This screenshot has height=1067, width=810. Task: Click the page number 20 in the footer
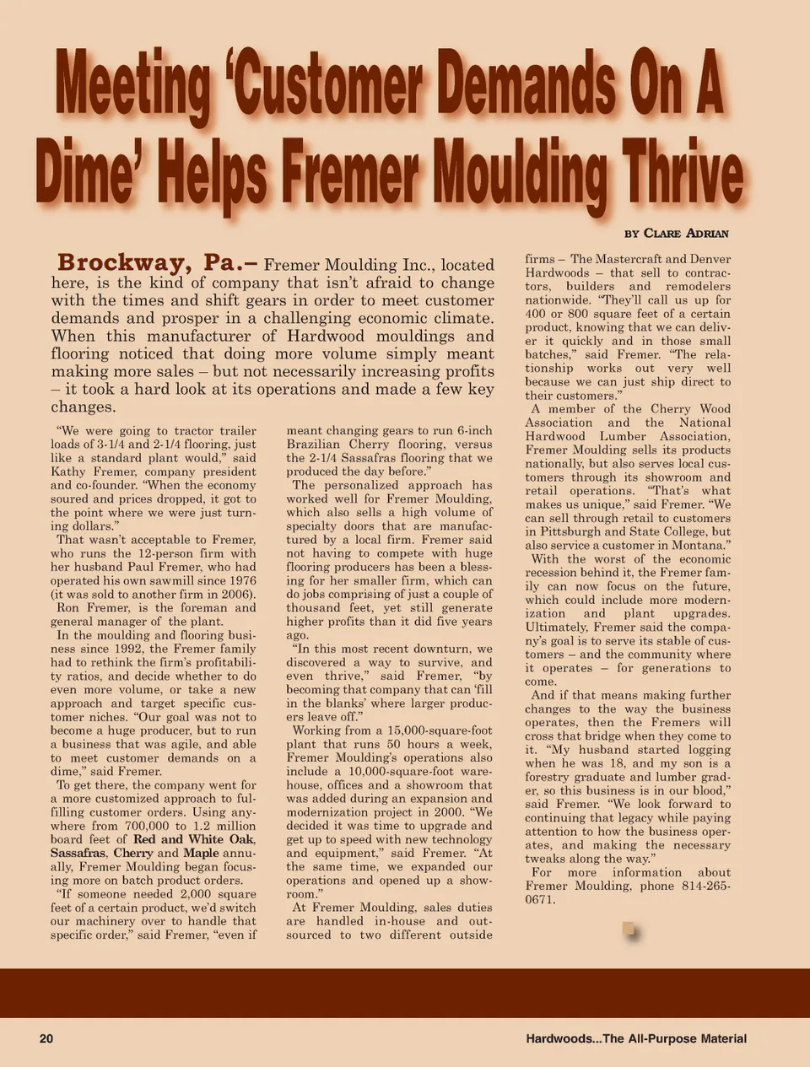(46, 1038)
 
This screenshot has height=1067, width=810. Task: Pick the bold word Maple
(201, 853)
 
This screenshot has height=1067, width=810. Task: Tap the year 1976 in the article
(240, 580)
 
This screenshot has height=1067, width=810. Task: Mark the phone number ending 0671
(539, 899)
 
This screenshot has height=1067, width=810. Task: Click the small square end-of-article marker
(629, 930)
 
